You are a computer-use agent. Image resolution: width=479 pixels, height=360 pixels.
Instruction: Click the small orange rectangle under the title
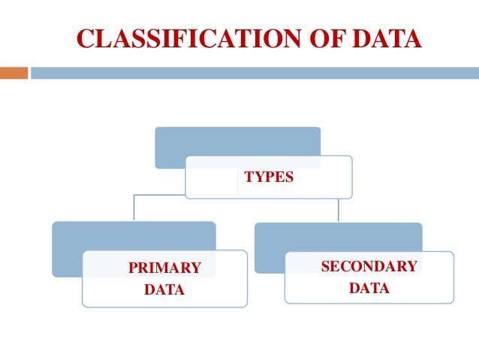click(x=14, y=73)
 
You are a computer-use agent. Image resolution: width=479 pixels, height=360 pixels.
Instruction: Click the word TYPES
click(x=269, y=178)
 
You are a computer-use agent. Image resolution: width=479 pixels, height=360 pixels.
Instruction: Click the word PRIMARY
click(x=164, y=268)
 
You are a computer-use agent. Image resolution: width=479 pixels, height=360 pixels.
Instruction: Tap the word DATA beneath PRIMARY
click(x=164, y=289)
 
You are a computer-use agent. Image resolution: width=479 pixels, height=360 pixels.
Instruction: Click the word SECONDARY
click(x=369, y=267)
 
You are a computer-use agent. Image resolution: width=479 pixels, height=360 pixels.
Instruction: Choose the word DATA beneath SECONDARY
click(x=369, y=288)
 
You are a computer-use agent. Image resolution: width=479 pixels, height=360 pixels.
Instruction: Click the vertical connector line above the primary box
click(x=134, y=208)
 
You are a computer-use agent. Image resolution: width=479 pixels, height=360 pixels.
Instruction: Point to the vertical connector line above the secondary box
click(x=339, y=210)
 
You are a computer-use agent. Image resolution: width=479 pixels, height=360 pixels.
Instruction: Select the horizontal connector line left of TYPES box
click(x=159, y=195)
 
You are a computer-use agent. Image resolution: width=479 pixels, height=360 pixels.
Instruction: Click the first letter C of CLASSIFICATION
click(x=84, y=38)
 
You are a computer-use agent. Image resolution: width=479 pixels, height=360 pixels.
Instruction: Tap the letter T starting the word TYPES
click(x=249, y=178)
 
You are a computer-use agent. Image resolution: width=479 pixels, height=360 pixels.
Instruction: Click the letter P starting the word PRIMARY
click(x=132, y=268)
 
